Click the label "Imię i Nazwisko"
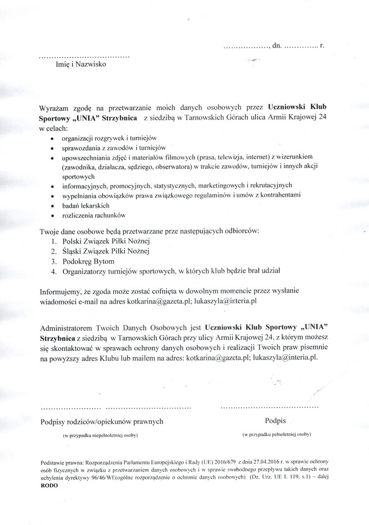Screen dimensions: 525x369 [78, 65]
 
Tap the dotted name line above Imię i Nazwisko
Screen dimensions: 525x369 [84, 57]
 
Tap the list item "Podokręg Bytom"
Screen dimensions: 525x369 [88, 261]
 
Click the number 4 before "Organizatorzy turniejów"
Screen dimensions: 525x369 [53, 271]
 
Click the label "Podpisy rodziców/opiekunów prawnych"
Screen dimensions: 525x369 [102, 422]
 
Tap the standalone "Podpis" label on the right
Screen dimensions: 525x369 [275, 421]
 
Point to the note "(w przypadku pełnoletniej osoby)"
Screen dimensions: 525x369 [277, 435]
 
